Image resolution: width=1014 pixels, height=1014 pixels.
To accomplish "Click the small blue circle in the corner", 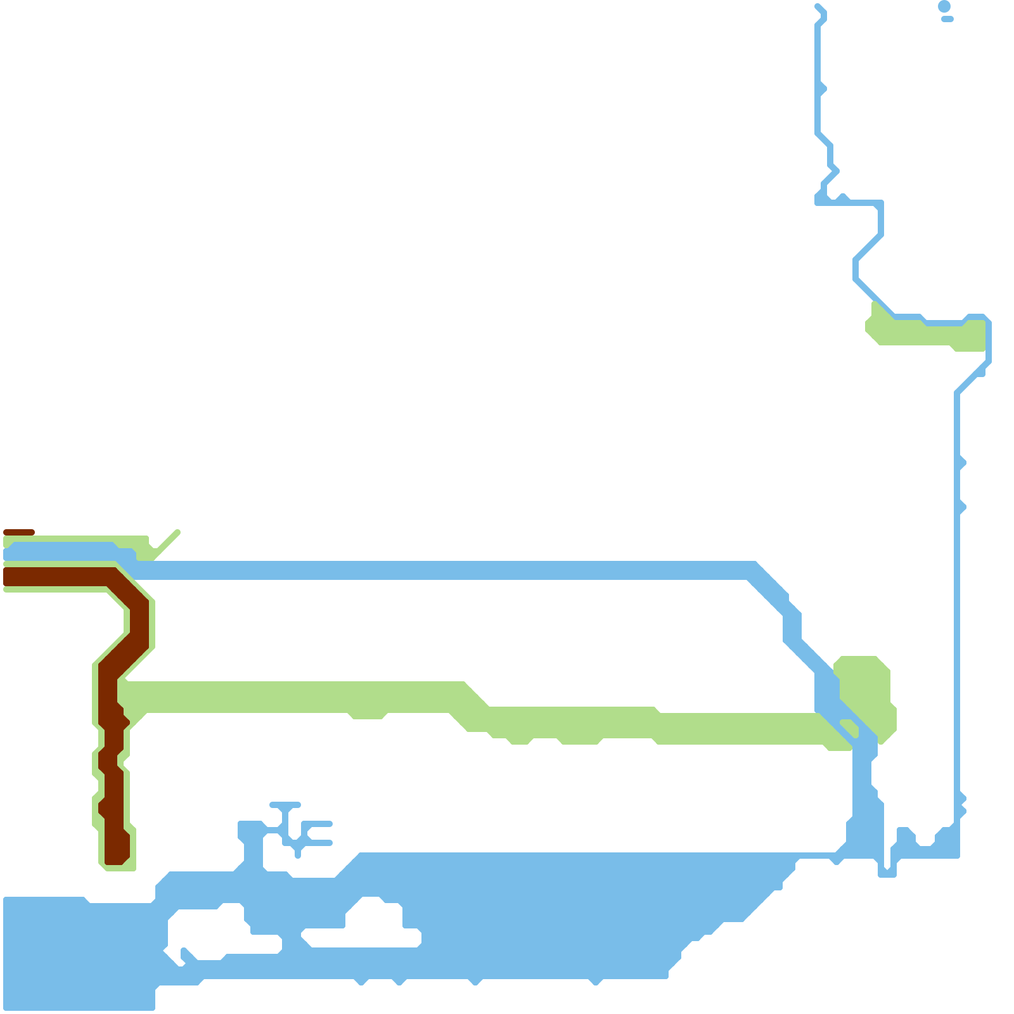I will [944, 6].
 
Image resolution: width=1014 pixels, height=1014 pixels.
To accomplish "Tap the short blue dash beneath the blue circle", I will [947, 19].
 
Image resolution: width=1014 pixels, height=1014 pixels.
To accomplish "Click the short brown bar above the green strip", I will [19, 532].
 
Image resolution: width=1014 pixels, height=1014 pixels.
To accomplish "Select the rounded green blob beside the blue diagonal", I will [865, 691].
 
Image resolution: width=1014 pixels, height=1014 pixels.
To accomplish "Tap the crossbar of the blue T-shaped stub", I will [285, 805].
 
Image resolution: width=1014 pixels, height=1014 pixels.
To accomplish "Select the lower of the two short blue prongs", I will [320, 843].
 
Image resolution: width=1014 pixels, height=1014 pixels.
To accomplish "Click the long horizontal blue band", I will [444, 570].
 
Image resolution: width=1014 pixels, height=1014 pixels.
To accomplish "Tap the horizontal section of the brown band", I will [57, 577].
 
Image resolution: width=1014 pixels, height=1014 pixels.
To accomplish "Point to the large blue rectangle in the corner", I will [76, 951].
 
